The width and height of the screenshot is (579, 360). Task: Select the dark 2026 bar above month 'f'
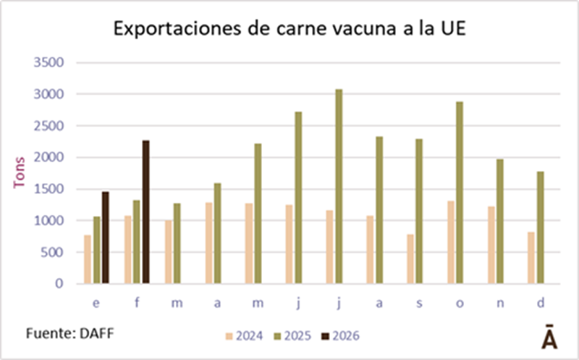coord(145,212)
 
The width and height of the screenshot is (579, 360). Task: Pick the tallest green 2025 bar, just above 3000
coord(338,186)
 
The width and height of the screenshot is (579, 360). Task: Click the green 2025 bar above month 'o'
coord(459,193)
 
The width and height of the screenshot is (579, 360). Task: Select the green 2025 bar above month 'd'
coord(540,227)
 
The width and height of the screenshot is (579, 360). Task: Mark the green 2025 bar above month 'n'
coord(499,221)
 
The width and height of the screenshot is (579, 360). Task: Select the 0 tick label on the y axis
coord(62,284)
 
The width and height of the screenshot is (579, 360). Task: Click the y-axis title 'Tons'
coord(20,172)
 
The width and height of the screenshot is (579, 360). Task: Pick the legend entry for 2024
coord(245,335)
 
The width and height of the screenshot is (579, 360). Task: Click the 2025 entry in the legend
coord(292,335)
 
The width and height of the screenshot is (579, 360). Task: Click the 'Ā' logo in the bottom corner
coord(549,337)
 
